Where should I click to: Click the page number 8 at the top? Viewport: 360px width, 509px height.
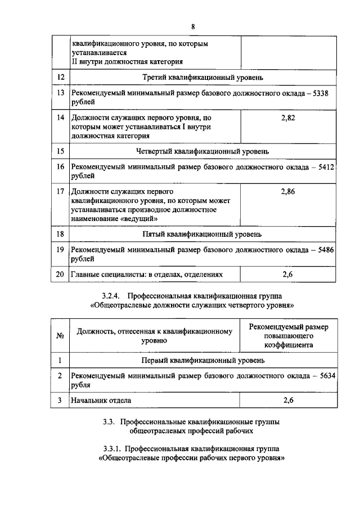(x=193, y=26)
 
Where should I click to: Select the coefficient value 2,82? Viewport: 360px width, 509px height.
(x=287, y=118)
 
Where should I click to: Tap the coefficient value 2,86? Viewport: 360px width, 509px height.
(x=287, y=192)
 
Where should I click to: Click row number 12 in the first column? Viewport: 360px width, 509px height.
(x=60, y=77)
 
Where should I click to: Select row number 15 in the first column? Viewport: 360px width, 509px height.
(x=60, y=151)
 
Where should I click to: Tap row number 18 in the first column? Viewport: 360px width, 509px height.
(x=60, y=233)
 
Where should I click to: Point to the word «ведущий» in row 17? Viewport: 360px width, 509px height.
(x=136, y=219)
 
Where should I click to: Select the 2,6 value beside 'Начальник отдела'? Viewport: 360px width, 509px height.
(x=287, y=400)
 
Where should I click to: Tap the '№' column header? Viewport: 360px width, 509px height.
(x=60, y=336)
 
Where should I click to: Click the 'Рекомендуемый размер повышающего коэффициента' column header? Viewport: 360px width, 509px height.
(x=287, y=336)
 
